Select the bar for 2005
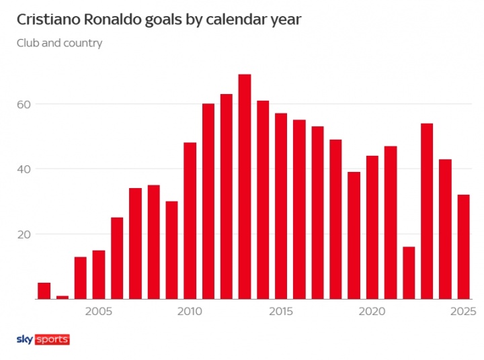[99, 275]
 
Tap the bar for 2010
[190, 221]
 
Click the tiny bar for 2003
[63, 298]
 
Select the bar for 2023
[427, 212]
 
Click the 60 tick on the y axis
[25, 104]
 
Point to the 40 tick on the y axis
[25, 169]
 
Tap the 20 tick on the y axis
[25, 234]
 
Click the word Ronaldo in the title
[106, 19]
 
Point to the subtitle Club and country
[59, 44]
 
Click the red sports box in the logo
[52, 339]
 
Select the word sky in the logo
[25, 339]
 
